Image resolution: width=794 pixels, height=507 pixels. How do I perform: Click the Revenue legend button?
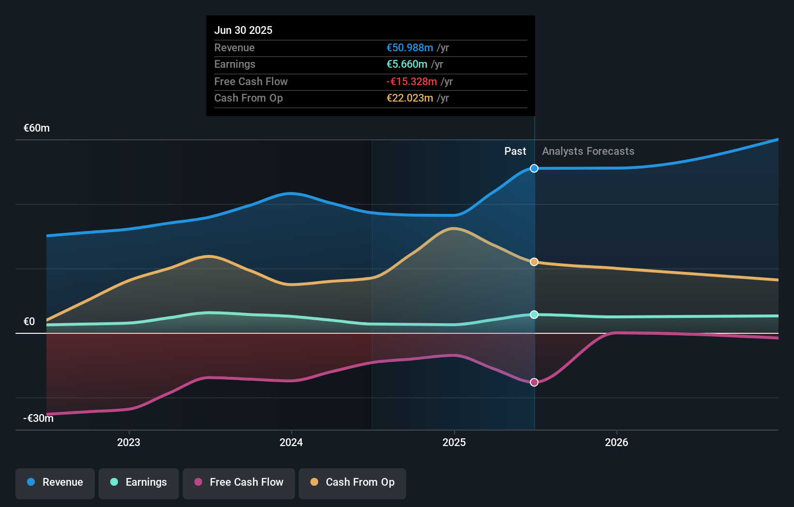coord(55,483)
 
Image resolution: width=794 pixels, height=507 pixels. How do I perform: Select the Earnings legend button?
coord(139,483)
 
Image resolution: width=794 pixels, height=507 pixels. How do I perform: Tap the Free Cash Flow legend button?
coord(239,483)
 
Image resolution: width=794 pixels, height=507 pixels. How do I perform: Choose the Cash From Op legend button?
coord(353,483)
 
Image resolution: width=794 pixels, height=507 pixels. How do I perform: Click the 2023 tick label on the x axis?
coord(129,443)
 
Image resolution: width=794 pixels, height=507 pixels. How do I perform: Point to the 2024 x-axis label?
coord(291,443)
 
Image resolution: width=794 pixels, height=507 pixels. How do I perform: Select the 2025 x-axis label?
coord(454,443)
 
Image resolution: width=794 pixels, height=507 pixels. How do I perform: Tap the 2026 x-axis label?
coord(617,443)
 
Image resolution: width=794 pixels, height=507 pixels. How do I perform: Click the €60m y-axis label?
coord(37,128)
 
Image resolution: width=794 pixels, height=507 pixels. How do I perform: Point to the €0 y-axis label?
coord(29,322)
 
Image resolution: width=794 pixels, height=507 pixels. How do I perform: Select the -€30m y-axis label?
coord(38,418)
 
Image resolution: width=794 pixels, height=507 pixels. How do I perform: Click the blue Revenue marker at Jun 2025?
coord(534,168)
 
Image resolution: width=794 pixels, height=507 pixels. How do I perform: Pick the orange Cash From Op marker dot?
coord(534,262)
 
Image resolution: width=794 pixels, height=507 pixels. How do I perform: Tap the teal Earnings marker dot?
coord(534,314)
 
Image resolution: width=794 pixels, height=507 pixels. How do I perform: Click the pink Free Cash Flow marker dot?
coord(534,382)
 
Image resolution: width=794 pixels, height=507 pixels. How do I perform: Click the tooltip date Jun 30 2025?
coord(243,30)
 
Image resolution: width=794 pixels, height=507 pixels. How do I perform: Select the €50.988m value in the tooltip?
coord(410,48)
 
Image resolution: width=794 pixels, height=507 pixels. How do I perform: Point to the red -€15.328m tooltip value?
coord(412,82)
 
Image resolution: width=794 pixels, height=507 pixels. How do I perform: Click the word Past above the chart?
coord(515,151)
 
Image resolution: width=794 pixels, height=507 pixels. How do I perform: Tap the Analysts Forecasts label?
coord(588,151)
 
